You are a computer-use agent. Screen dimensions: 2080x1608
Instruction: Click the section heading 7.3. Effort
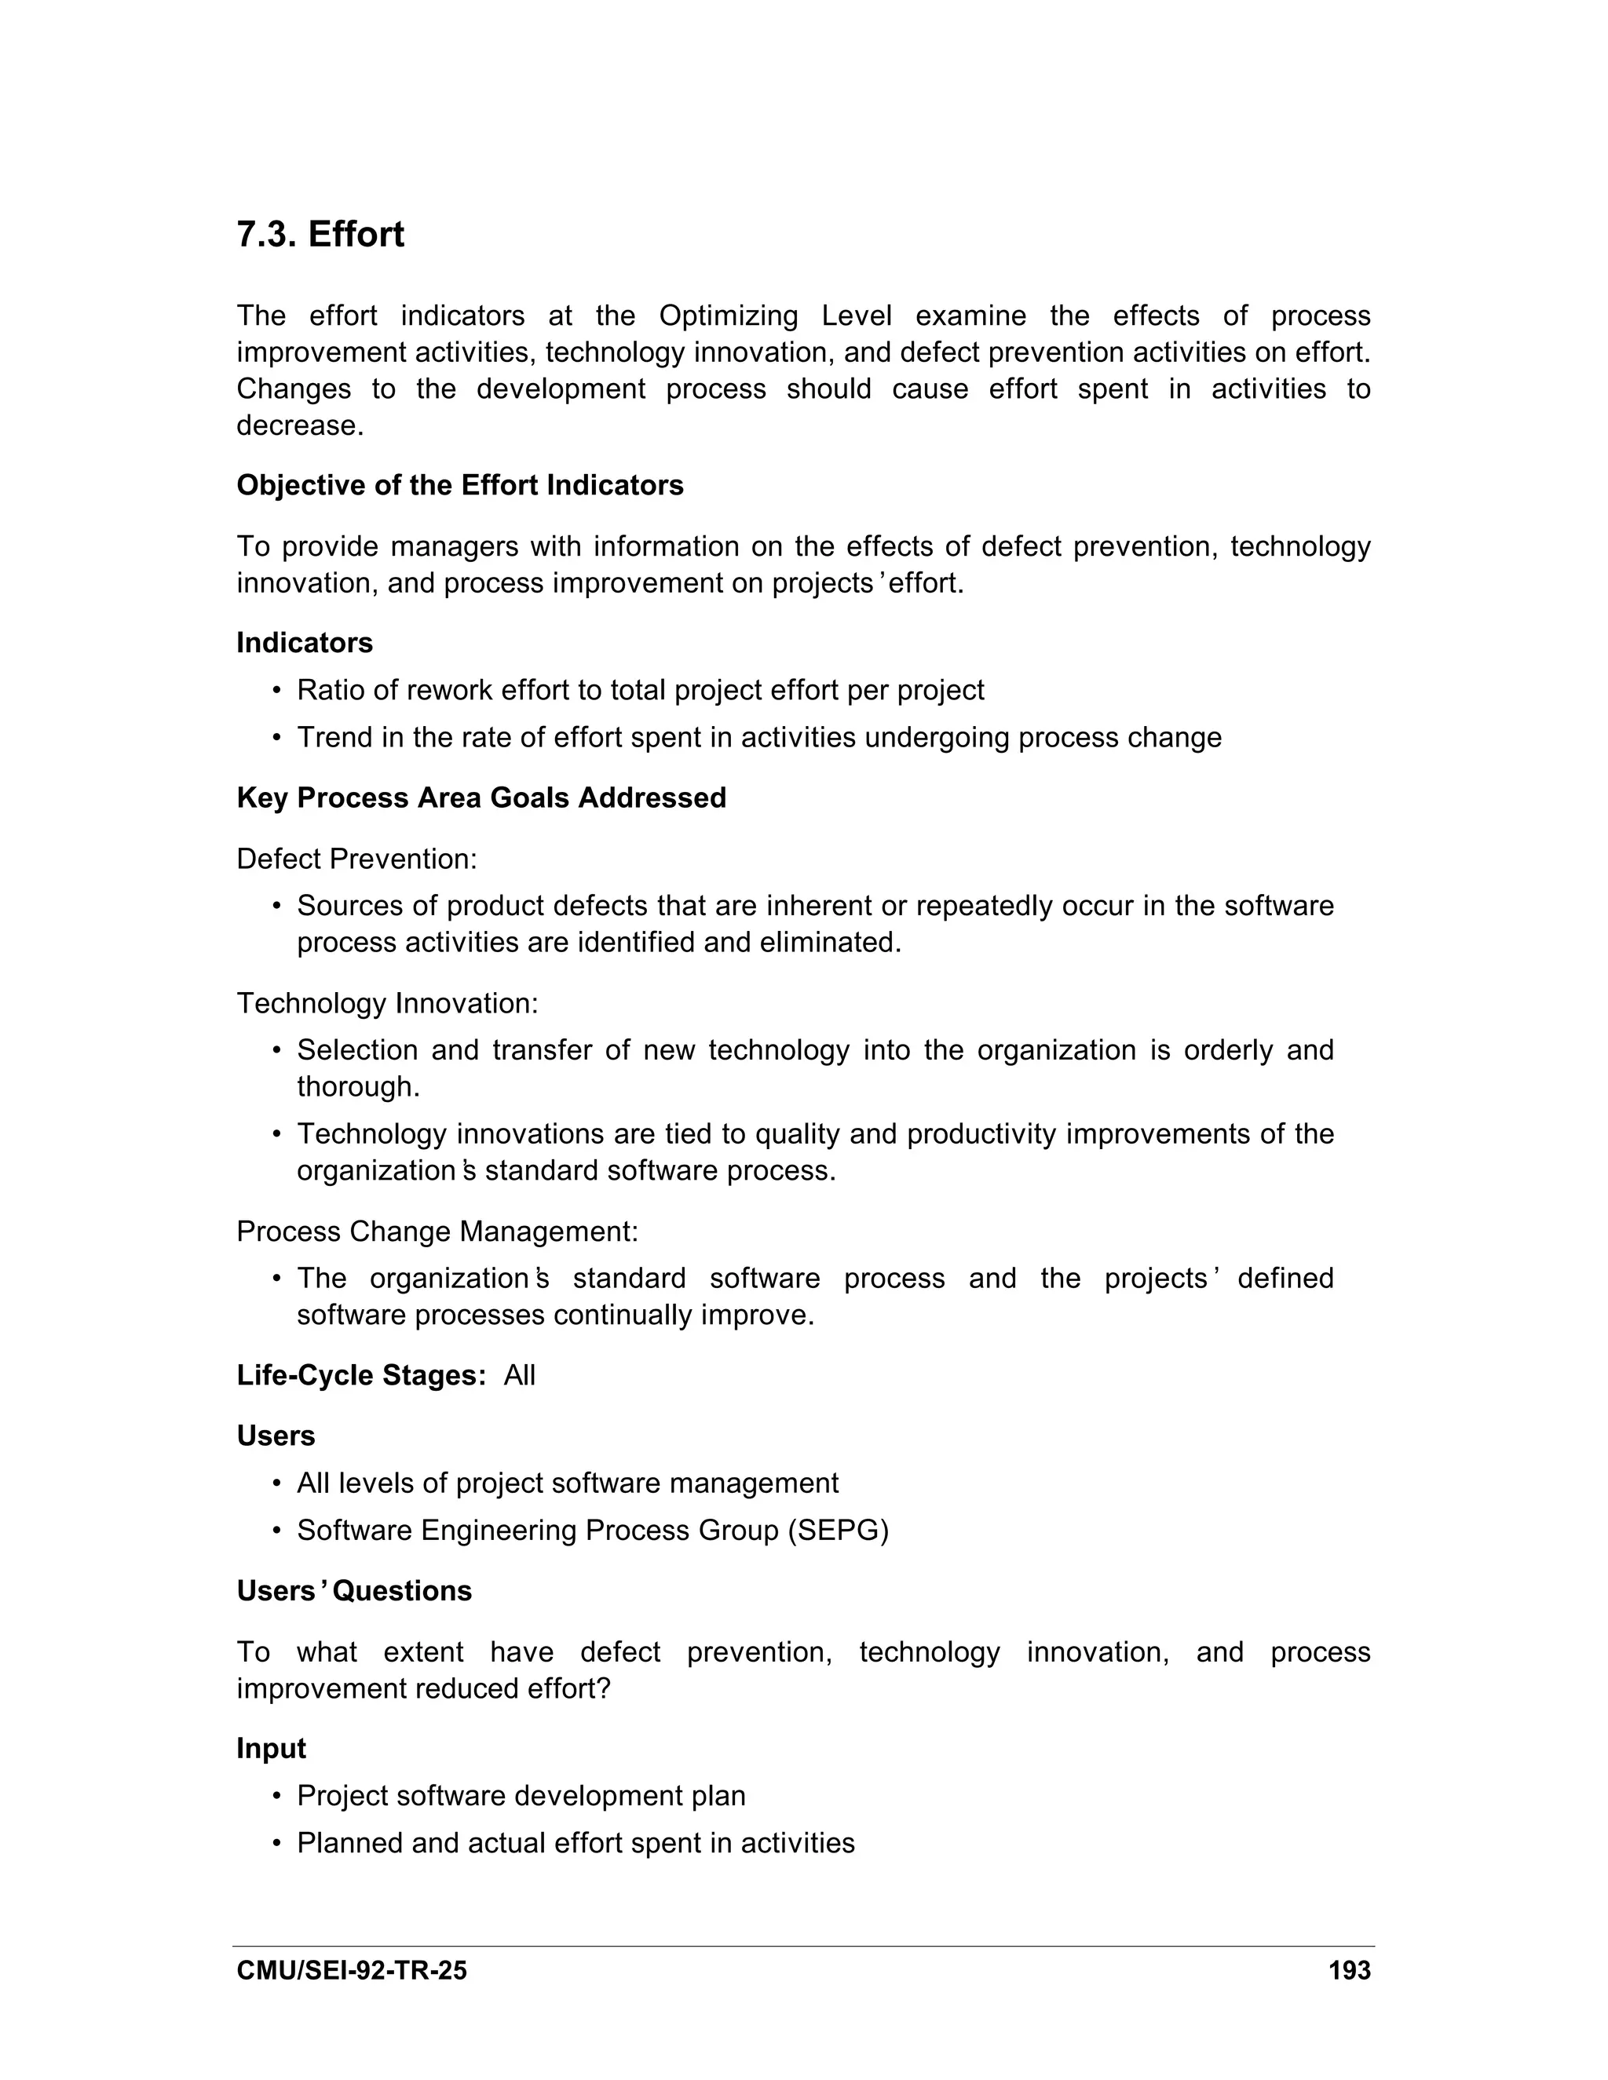[x=320, y=234]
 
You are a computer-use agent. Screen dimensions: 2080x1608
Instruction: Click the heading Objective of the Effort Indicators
[x=459, y=486]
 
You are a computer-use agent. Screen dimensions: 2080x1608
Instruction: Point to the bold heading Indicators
[x=304, y=643]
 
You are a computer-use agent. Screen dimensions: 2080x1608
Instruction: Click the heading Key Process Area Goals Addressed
[x=481, y=798]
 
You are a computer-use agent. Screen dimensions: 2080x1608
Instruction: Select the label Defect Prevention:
[x=356, y=859]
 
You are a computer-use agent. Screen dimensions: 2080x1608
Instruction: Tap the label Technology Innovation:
[x=387, y=1004]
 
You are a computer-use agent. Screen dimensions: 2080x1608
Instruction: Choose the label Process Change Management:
[x=437, y=1232]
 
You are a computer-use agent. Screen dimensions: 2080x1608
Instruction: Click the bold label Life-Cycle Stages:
[x=361, y=1375]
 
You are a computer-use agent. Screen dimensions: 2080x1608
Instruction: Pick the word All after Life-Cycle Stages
[x=519, y=1375]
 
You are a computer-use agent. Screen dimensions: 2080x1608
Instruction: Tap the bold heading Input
[x=271, y=1749]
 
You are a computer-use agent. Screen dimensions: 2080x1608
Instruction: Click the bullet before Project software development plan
[x=277, y=1796]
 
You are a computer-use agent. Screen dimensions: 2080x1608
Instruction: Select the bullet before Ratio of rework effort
[x=277, y=691]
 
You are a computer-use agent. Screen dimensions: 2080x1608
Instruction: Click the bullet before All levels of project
[x=277, y=1483]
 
